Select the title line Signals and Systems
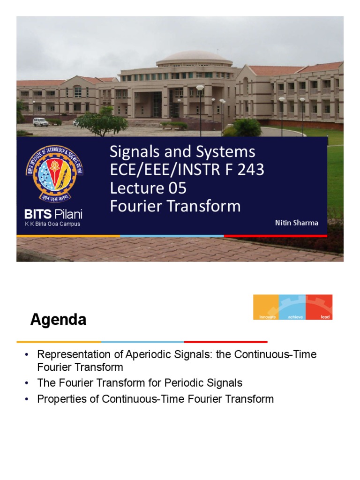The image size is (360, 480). pyautogui.click(x=182, y=152)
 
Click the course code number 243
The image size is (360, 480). pyautogui.click(x=250, y=170)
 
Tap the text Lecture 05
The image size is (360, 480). pyautogui.click(x=148, y=188)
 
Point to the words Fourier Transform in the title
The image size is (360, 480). pyautogui.click(x=175, y=206)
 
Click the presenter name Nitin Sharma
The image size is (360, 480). pyautogui.click(x=296, y=223)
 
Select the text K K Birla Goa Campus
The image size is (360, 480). pyautogui.click(x=52, y=224)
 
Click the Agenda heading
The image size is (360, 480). pyautogui.click(x=58, y=320)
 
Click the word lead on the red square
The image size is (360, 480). pyautogui.click(x=325, y=317)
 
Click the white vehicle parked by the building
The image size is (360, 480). pyautogui.click(x=41, y=122)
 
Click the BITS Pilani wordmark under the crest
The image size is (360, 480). pyautogui.click(x=53, y=215)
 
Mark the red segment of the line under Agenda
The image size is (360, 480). pyautogui.click(x=225, y=342)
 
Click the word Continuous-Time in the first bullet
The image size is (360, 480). pyautogui.click(x=282, y=354)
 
